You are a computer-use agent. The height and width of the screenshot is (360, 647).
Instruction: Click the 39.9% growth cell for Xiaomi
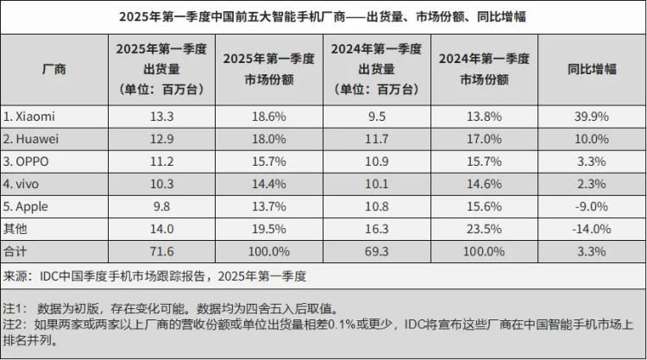592,115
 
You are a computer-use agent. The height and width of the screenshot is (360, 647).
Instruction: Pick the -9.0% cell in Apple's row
592,206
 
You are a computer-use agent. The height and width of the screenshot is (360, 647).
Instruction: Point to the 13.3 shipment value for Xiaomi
160,115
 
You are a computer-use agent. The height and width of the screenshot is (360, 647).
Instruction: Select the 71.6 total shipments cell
160,252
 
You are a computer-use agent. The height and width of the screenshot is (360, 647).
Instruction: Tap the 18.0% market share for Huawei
267,137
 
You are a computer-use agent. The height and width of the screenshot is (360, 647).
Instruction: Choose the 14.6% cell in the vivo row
483,183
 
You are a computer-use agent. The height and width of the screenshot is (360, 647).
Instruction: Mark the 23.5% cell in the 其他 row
483,229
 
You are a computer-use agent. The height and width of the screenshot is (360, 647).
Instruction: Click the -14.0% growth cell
592,229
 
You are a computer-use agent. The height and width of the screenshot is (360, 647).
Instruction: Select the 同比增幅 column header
592,69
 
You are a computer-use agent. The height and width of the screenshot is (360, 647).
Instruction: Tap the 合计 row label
16,252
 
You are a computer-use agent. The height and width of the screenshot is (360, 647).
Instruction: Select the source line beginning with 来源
155,276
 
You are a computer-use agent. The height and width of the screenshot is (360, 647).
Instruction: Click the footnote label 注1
16,307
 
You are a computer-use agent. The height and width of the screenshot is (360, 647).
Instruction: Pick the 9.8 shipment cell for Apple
160,206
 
